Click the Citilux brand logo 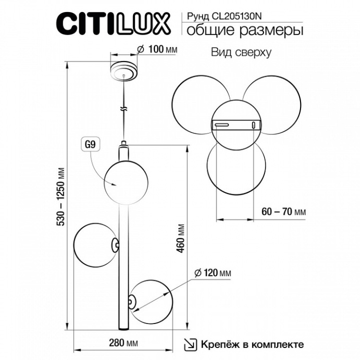tap(112, 23)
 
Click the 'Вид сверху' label tap(241, 53)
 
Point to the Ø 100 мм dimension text tap(156, 50)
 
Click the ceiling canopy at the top tap(123, 71)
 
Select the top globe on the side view tap(124, 182)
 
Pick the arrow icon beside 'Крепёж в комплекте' tap(191, 344)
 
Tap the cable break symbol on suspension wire tap(124, 111)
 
